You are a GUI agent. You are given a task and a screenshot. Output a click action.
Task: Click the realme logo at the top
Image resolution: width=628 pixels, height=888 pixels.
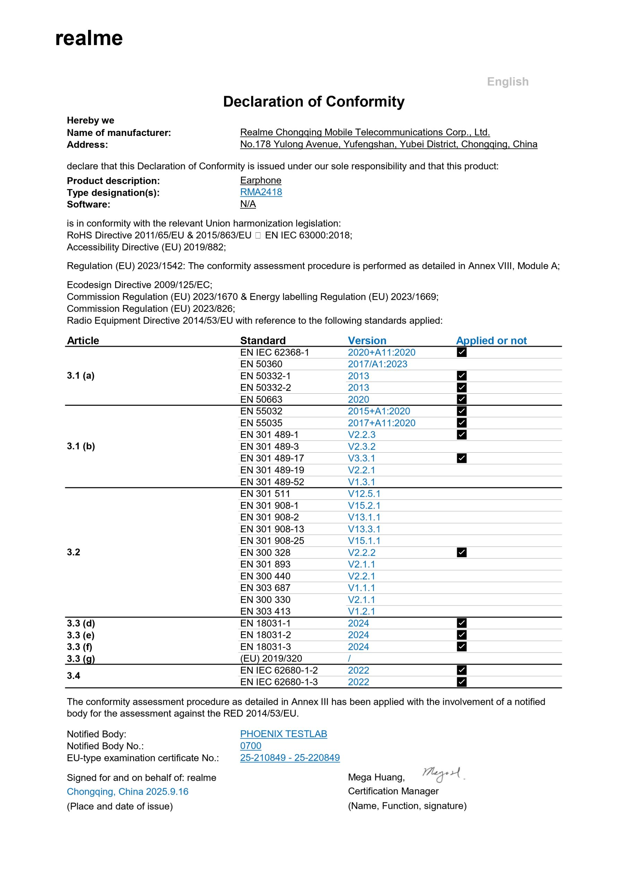89,38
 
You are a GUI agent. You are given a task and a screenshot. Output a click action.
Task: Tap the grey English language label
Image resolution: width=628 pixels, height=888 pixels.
507,82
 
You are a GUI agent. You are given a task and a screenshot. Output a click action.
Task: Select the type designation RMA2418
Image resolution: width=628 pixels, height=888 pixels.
261,192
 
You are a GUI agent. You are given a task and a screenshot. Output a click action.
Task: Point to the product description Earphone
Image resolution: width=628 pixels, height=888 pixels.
261,180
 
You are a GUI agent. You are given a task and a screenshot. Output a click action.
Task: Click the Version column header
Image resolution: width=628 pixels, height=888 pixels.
367,340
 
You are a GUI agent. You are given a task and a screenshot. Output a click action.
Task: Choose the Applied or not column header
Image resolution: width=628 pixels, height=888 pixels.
491,340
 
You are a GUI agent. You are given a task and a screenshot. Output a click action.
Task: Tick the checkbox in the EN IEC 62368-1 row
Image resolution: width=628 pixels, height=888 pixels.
461,352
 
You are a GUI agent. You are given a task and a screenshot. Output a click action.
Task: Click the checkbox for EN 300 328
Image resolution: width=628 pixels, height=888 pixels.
461,552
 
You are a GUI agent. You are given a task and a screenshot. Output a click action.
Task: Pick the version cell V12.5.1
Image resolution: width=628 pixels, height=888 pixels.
364,494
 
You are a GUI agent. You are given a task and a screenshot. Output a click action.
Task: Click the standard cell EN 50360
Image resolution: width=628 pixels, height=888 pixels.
261,364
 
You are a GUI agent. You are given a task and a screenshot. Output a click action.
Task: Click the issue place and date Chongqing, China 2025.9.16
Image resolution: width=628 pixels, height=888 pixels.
128,792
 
